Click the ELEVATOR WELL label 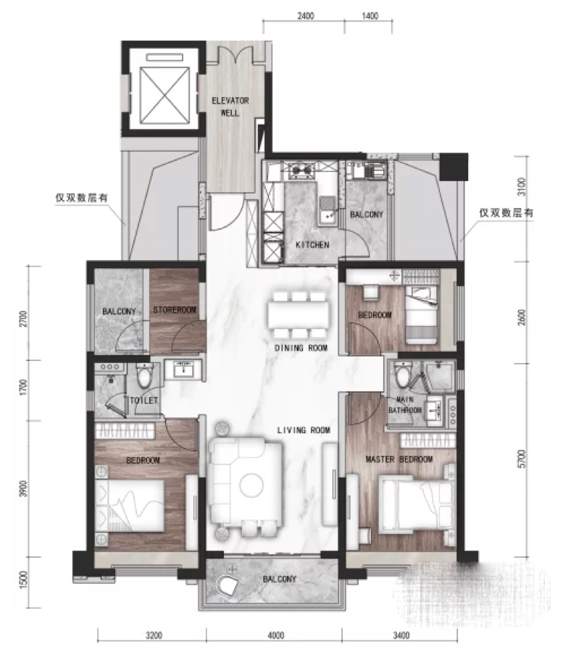coord(230,107)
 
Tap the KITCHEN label coord(312,245)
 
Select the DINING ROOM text coord(301,348)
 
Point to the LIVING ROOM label coord(304,430)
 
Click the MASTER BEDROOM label coord(399,459)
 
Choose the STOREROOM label coord(175,310)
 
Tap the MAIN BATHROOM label coord(405,405)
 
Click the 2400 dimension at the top coord(306,16)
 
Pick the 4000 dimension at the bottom coord(275,635)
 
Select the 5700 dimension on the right coord(522,459)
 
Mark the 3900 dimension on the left coord(23,489)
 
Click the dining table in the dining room coord(299,314)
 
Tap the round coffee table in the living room coord(251,485)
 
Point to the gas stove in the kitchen coord(302,170)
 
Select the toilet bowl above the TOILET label coord(144,374)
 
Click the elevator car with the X coord(164,95)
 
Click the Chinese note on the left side coord(82,197)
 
